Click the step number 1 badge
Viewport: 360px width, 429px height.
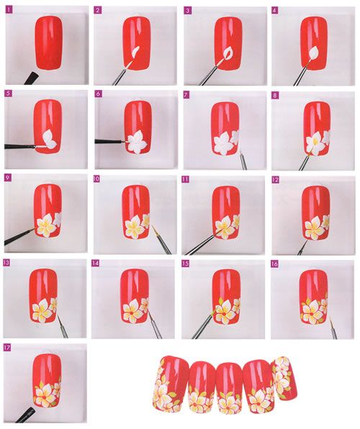click(x=9, y=10)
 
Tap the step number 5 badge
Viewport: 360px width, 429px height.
click(x=9, y=94)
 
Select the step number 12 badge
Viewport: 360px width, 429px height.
click(x=275, y=179)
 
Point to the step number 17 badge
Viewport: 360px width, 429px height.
click(x=7, y=348)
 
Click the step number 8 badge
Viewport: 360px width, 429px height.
click(x=275, y=95)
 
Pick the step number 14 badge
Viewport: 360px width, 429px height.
click(x=95, y=263)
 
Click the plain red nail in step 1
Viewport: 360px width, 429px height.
click(x=49, y=42)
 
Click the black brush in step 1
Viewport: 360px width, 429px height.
click(x=31, y=78)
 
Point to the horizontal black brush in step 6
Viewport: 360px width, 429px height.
click(x=109, y=142)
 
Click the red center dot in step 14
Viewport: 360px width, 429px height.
click(x=132, y=312)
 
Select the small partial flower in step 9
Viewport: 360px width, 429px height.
click(x=58, y=220)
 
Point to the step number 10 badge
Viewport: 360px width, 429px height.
click(x=96, y=179)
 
